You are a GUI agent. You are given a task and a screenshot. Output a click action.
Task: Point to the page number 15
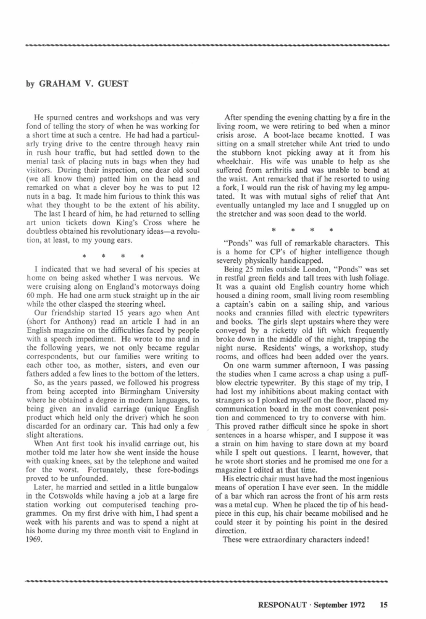pyautogui.click(x=384, y=604)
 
